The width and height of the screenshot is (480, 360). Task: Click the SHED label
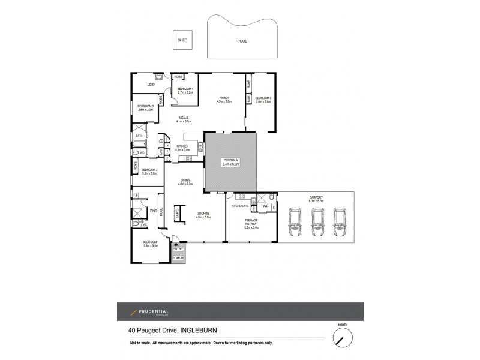click(182, 41)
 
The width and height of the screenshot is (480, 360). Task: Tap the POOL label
click(242, 41)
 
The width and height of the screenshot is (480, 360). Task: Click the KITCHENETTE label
click(240, 206)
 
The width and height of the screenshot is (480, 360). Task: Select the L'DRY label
click(151, 85)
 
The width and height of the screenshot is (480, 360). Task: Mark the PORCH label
click(178, 258)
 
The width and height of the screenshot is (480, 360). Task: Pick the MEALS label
click(183, 119)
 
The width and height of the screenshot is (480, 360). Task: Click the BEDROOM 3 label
click(146, 107)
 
